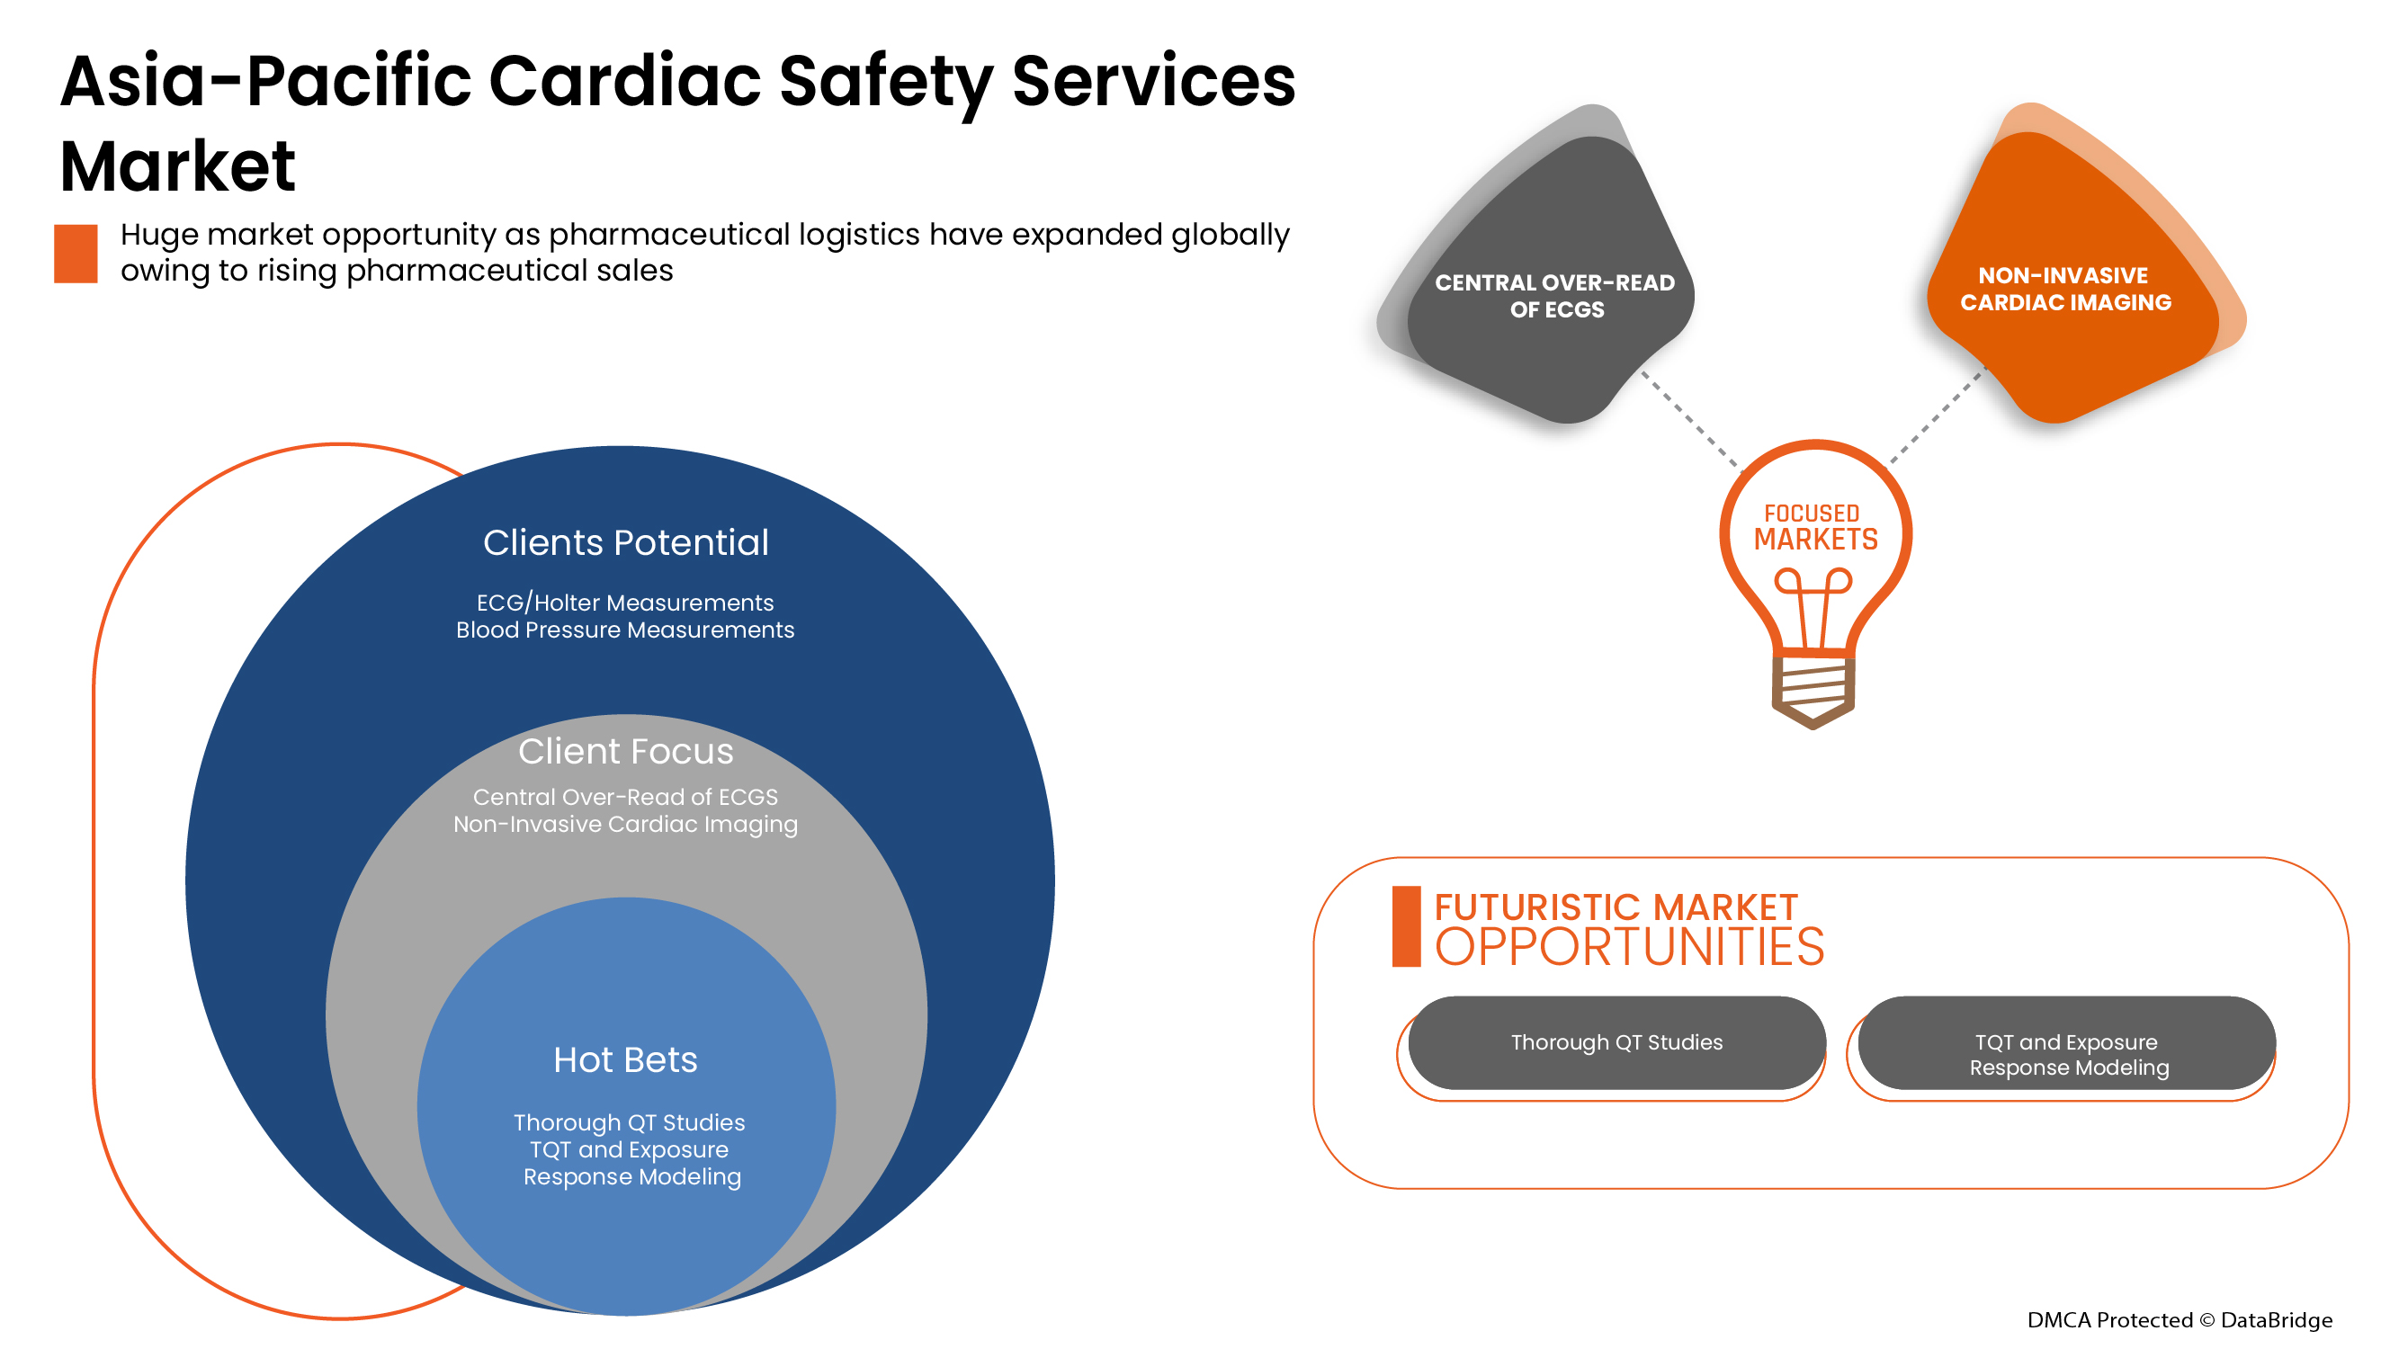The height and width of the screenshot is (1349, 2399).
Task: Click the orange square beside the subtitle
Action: coord(76,254)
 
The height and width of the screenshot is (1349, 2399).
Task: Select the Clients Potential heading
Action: coord(626,543)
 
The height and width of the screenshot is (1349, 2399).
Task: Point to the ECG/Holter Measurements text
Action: coord(625,603)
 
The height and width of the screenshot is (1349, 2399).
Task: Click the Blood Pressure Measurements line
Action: coord(625,630)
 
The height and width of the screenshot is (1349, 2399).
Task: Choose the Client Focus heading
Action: coord(626,751)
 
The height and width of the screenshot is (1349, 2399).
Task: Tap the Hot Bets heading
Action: coord(625,1060)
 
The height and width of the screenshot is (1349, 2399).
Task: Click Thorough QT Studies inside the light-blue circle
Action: coord(630,1122)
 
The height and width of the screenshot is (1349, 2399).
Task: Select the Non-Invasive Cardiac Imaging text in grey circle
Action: coord(625,825)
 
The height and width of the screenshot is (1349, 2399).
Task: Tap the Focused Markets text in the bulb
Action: coord(1815,528)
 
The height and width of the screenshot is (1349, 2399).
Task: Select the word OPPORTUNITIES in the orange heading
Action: coord(1629,948)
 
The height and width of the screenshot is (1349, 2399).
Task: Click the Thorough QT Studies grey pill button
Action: coord(1616,1042)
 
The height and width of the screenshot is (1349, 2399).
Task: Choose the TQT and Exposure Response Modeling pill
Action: coord(2067,1054)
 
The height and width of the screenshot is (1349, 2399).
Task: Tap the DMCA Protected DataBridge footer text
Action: coord(2180,1320)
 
